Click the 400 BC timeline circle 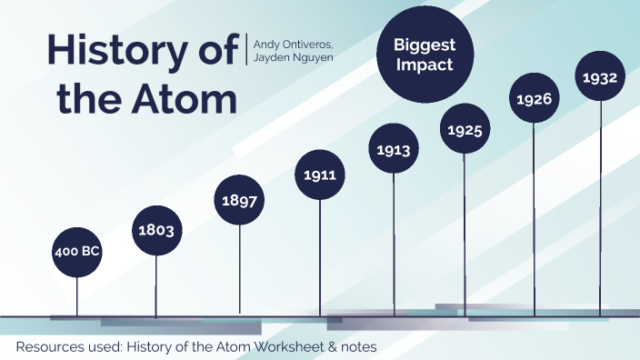click(x=76, y=251)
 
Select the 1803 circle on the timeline click(x=156, y=229)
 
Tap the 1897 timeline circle click(x=239, y=198)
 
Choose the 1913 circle click(x=394, y=149)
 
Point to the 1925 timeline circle click(x=464, y=130)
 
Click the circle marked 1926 click(x=534, y=99)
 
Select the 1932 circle click(x=600, y=77)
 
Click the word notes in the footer click(x=356, y=346)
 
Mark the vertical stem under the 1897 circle click(x=239, y=268)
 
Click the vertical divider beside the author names click(x=245, y=49)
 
